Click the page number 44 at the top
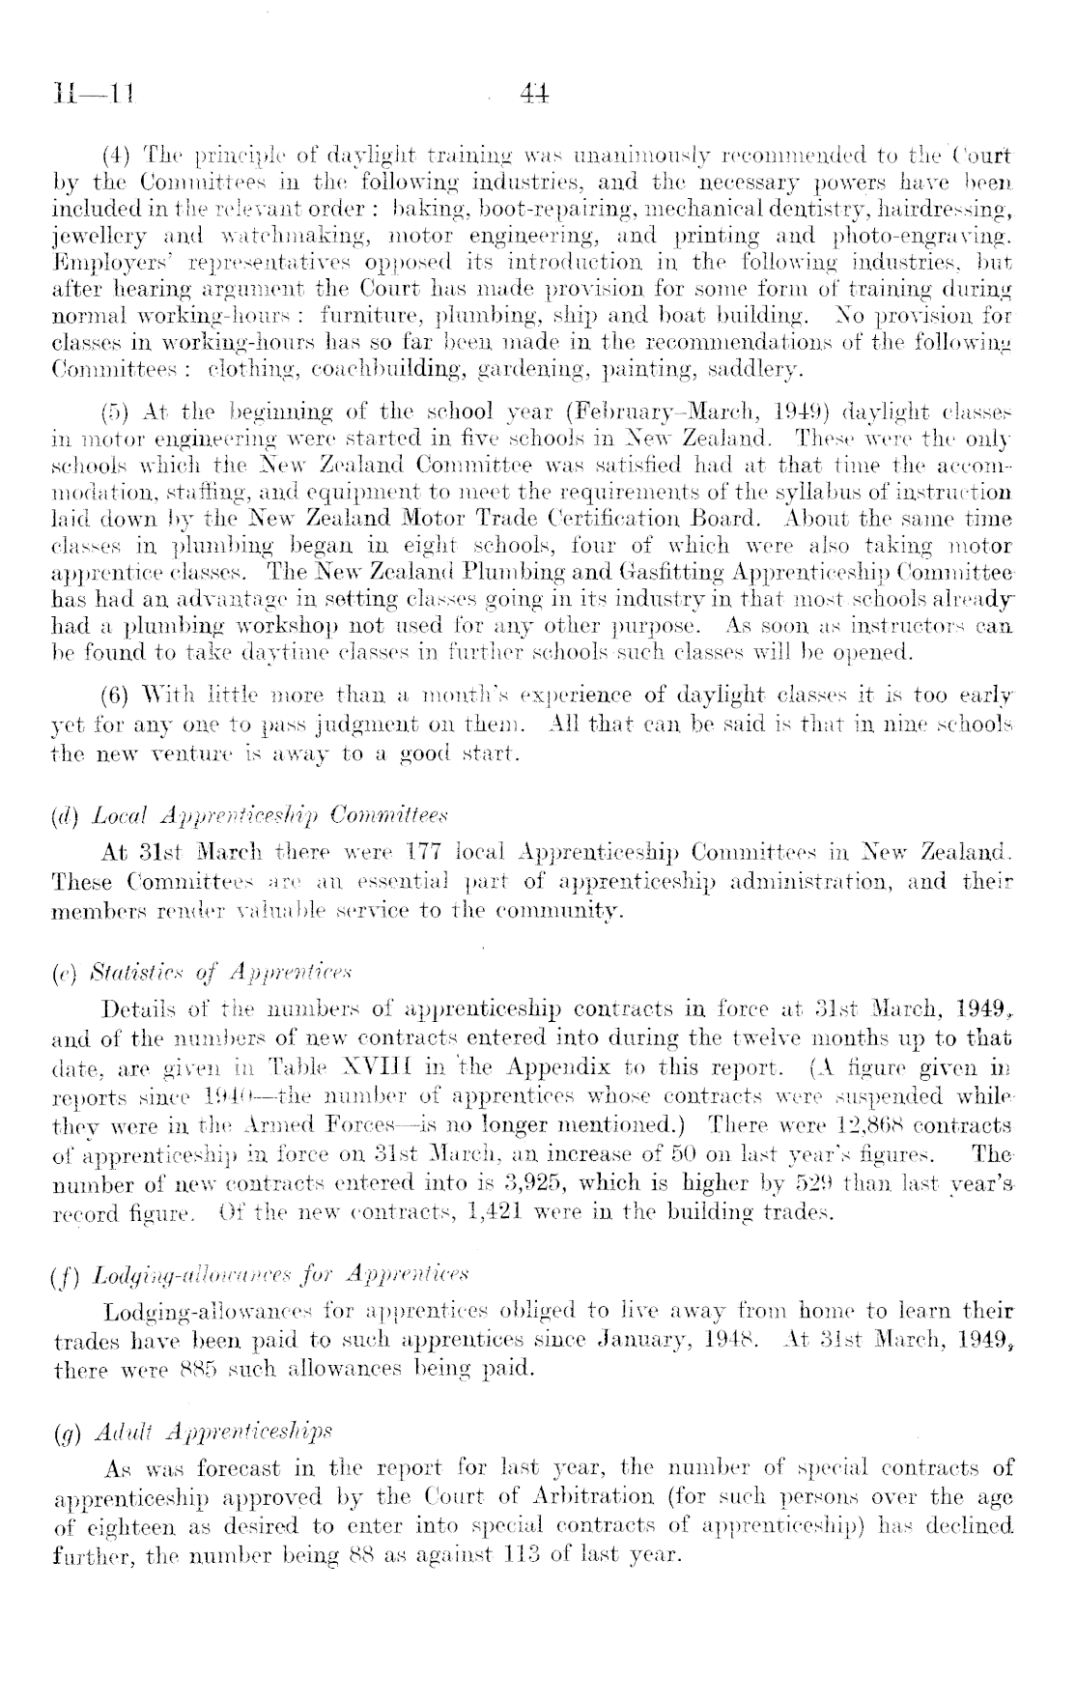tap(534, 95)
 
